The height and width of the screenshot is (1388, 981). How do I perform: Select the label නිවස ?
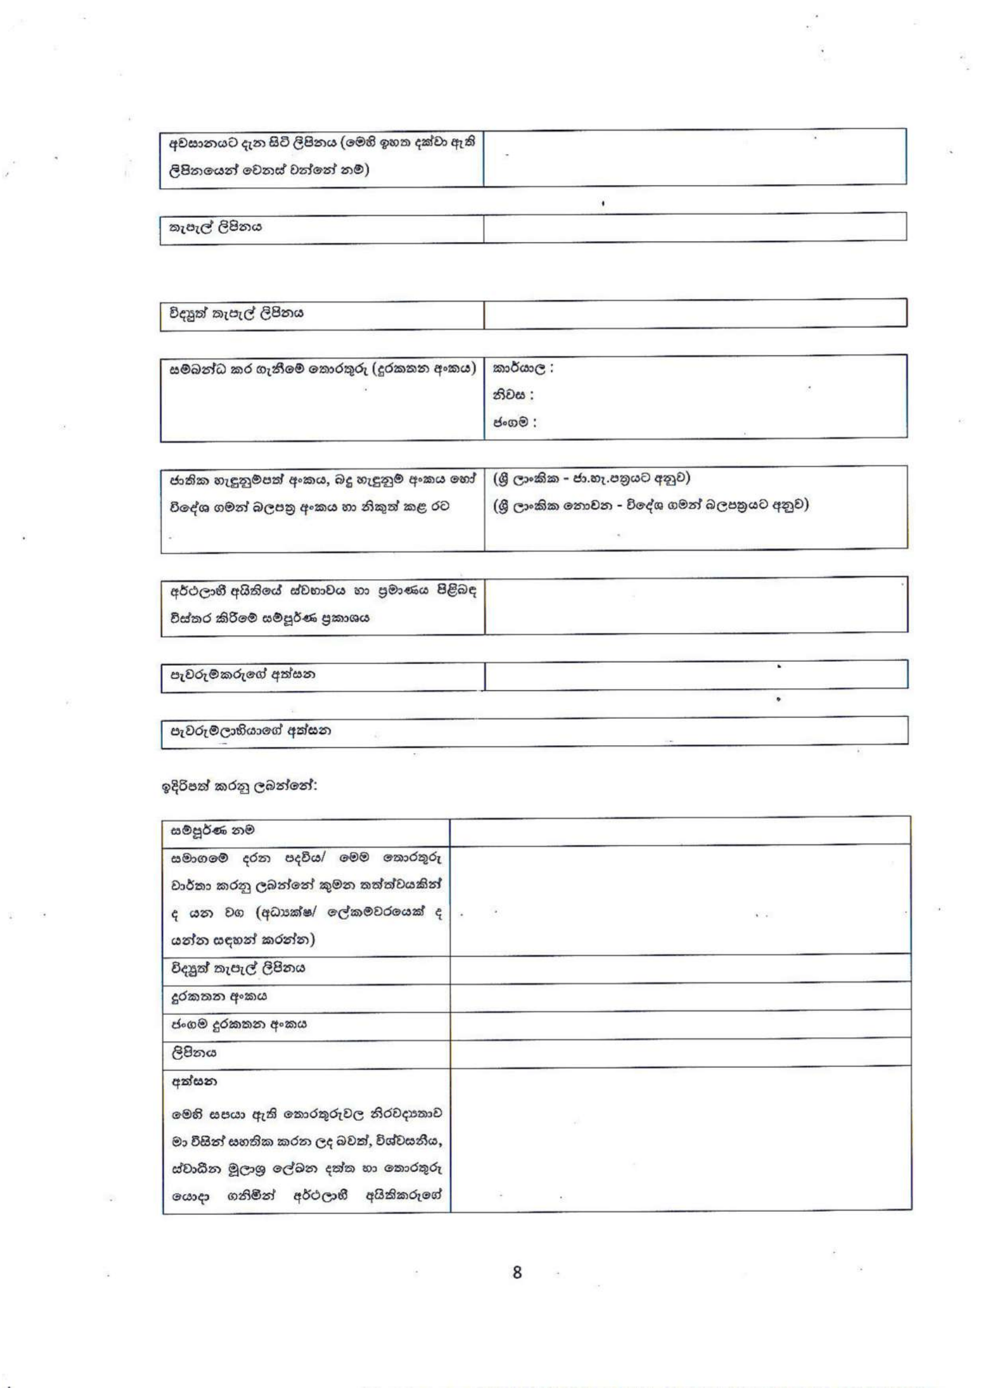pyautogui.click(x=513, y=395)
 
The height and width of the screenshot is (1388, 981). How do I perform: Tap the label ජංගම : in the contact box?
pyautogui.click(x=515, y=422)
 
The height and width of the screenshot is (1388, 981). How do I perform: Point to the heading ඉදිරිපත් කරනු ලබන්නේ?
pyautogui.click(x=239, y=786)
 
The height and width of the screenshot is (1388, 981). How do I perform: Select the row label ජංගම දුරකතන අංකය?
pyautogui.click(x=239, y=1024)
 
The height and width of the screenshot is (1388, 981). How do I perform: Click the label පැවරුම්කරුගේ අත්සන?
pyautogui.click(x=242, y=674)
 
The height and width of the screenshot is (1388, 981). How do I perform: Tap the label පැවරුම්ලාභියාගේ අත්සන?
pyautogui.click(x=250, y=730)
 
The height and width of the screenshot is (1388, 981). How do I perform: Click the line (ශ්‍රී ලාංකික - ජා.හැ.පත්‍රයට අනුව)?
pyautogui.click(x=591, y=478)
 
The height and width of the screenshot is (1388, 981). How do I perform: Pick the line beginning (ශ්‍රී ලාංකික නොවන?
pyautogui.click(x=650, y=505)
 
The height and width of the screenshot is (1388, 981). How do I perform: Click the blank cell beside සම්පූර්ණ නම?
pyautogui.click(x=680, y=831)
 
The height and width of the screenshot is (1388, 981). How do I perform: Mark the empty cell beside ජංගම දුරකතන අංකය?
pyautogui.click(x=680, y=1024)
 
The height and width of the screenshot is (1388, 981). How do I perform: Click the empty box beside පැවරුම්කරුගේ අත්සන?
pyautogui.click(x=695, y=675)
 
